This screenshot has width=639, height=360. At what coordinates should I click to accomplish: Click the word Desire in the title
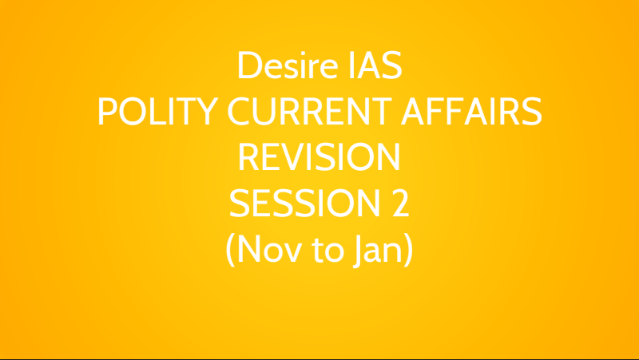288,65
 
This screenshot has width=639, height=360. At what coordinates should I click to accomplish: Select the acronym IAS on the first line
375,65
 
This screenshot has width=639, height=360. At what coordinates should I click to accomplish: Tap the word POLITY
158,111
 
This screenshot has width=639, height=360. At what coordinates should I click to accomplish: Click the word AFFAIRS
471,111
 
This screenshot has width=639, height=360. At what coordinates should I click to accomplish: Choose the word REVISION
319,156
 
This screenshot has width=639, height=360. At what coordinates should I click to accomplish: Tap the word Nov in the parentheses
269,248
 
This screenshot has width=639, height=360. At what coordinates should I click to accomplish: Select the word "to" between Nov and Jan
327,250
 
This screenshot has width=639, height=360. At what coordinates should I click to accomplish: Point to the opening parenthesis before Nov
231,250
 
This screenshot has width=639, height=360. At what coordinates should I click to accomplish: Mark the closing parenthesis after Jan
408,250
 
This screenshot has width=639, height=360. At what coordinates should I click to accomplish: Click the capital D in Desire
250,65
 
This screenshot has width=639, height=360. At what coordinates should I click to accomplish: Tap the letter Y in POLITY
207,111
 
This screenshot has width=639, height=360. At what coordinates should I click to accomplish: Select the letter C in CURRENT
238,111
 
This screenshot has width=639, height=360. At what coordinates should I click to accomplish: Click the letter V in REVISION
292,156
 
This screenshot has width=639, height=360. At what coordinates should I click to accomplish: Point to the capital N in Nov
248,248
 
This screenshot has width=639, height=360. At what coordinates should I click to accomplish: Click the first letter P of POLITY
107,111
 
